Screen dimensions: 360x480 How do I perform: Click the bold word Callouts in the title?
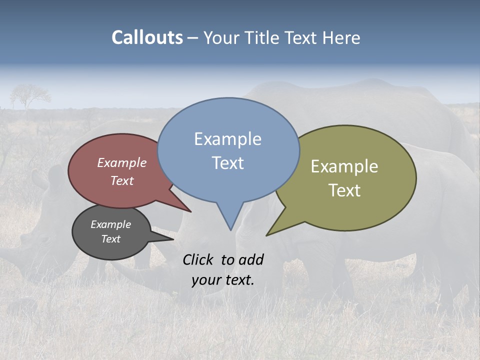coord(147,37)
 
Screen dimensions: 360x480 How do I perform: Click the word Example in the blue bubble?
coord(227,139)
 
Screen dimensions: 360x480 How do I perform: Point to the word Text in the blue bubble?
coord(227,163)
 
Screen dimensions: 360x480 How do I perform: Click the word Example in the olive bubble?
coord(344,166)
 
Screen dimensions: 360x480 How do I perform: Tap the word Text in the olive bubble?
coord(344,190)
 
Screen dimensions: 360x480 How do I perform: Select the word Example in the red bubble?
coord(121,163)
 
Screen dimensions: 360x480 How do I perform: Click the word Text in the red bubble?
coord(121,180)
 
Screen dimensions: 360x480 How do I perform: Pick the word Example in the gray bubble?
coord(110,224)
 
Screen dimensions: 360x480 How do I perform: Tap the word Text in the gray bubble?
coord(110,239)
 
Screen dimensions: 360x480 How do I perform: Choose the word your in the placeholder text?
coord(205,280)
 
